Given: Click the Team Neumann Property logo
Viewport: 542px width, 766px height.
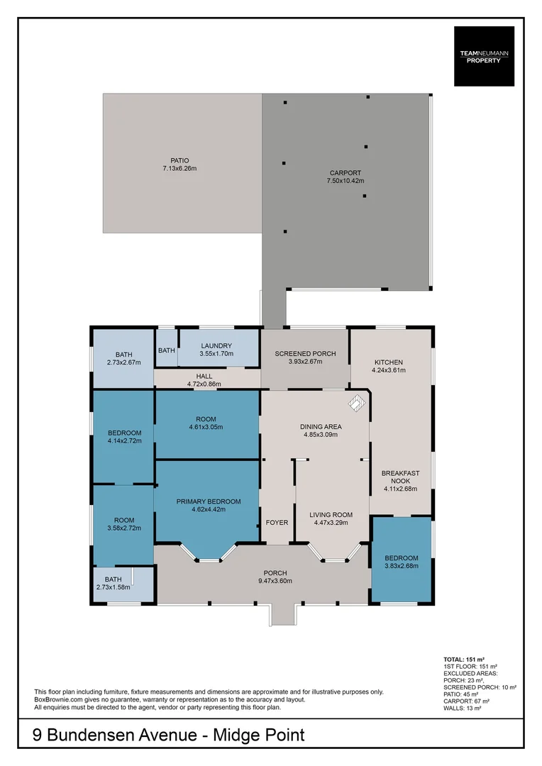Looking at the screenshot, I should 484,56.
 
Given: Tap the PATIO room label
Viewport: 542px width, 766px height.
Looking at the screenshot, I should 179,160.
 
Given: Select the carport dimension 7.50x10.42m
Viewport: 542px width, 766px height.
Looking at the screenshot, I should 345,181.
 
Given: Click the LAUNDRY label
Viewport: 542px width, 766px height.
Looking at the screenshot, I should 216,345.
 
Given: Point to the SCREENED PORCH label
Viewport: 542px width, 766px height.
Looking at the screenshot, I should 306,353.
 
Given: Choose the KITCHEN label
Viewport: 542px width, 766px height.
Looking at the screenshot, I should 388,362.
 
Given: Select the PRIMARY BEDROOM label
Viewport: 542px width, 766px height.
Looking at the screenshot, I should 208,501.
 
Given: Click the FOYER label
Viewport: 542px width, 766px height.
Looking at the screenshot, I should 277,523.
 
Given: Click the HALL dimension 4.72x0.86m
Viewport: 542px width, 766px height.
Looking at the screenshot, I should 204,384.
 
